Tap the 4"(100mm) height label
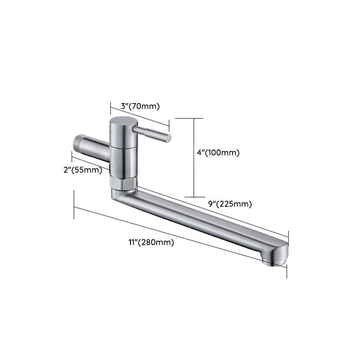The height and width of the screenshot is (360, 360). coord(218,153)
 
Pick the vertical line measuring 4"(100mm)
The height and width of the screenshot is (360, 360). coord(193,157)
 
